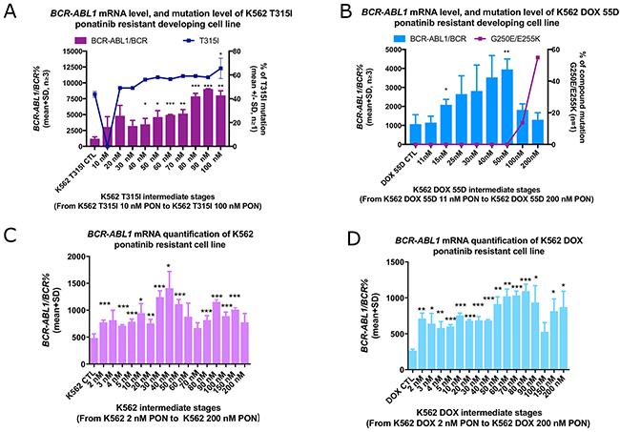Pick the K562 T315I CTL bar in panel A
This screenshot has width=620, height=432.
tap(94, 142)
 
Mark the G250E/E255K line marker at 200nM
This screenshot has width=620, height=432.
tap(539, 57)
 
